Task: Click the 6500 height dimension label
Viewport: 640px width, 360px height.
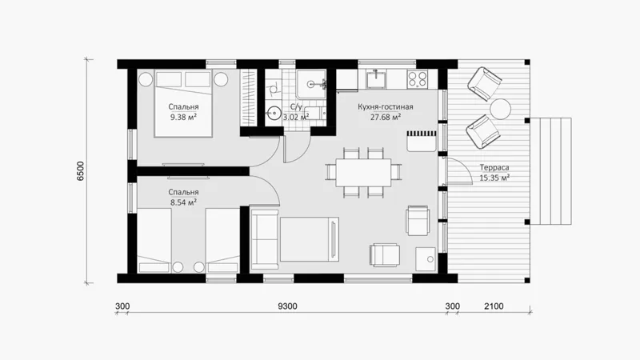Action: point(81,171)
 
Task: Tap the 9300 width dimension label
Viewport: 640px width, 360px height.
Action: point(287,306)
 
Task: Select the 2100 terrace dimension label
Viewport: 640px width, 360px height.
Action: point(494,306)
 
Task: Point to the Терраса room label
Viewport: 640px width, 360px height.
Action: point(494,167)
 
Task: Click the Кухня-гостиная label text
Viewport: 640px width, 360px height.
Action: point(386,107)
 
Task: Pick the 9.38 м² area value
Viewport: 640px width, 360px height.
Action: point(184,118)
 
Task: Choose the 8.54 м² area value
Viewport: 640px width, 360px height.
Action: point(184,202)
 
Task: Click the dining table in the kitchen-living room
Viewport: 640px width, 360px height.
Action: point(363,173)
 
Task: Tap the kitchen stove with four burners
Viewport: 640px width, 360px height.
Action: point(417,78)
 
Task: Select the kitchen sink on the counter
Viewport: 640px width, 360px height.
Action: point(376,78)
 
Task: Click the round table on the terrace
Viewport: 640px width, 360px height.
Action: point(500,109)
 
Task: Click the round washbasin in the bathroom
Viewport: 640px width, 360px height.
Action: point(273,112)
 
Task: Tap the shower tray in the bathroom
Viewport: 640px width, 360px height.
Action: point(311,84)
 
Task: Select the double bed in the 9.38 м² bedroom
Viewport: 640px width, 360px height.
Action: point(183,104)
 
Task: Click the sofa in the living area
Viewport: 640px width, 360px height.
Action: point(265,239)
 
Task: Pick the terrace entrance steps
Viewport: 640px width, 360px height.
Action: point(550,171)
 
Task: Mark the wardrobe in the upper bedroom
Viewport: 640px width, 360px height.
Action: point(247,98)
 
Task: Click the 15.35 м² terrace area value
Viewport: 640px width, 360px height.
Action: point(494,178)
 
